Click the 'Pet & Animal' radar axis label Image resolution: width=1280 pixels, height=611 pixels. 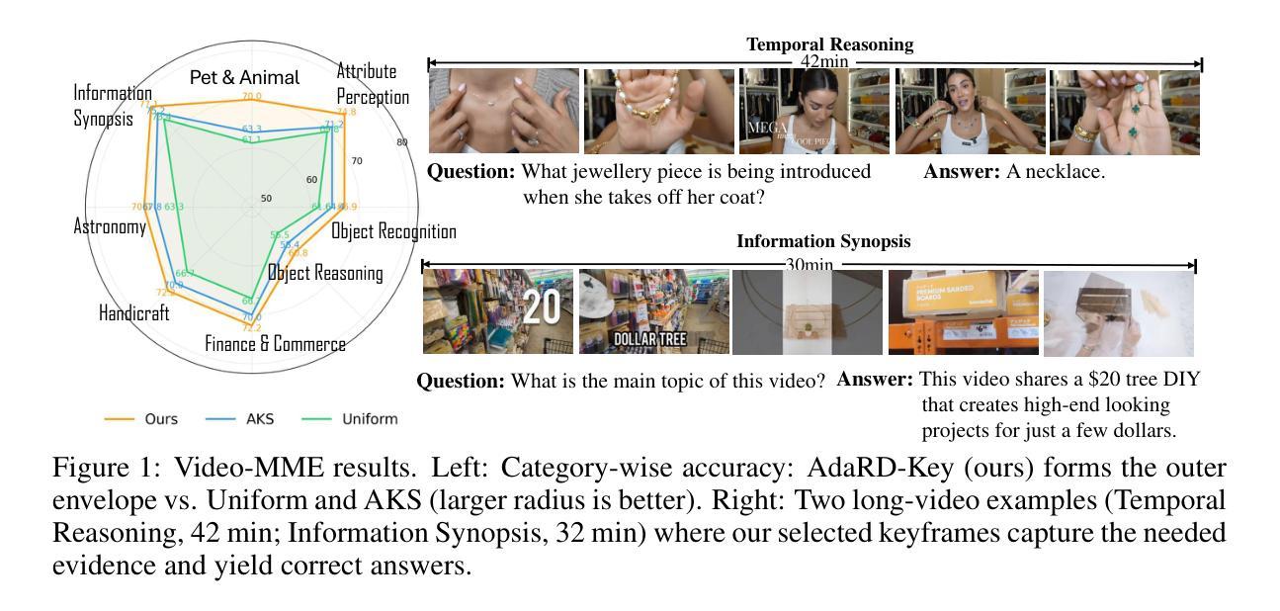tap(244, 77)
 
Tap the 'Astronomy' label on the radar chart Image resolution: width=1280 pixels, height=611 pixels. tap(110, 226)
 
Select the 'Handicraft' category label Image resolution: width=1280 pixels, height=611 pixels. tap(134, 313)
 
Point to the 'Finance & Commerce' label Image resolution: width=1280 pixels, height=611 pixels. tap(275, 344)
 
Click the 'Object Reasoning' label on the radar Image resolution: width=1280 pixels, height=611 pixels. tap(325, 273)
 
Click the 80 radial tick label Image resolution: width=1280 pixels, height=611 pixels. tap(401, 142)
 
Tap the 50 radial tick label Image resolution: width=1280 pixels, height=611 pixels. tap(266, 199)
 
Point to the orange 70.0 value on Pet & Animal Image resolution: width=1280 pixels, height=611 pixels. tap(252, 97)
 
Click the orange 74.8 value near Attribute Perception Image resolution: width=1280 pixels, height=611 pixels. tap(346, 112)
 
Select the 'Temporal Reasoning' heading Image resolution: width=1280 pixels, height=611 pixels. tap(829, 44)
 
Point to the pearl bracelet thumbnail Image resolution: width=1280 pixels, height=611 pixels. tap(658, 111)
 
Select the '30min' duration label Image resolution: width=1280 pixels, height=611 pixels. tap(809, 265)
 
